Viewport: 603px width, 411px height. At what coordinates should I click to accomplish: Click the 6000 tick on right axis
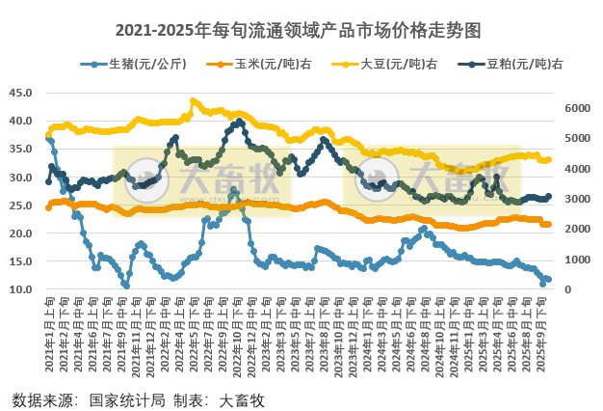575,108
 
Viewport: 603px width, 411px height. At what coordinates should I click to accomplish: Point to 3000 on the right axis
575,199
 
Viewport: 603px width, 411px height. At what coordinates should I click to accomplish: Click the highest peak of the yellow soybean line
194,100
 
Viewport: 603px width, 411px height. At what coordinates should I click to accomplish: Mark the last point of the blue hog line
548,280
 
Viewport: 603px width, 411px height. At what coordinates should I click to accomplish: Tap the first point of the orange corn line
48,207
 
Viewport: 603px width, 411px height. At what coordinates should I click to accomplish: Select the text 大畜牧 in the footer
242,398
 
